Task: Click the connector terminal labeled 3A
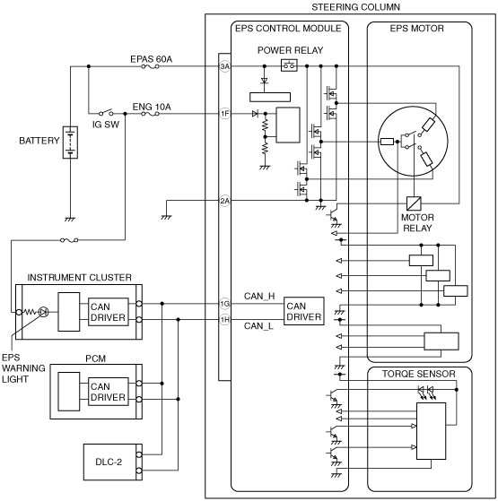tap(225, 66)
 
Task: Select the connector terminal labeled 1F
tap(225, 114)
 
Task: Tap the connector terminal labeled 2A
tap(225, 201)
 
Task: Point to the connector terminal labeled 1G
tap(225, 304)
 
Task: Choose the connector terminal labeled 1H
tap(225, 320)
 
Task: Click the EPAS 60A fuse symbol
tap(151, 66)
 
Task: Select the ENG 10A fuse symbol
tap(151, 114)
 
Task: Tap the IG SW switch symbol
tap(106, 112)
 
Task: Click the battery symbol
tap(70, 143)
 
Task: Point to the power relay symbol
tap(289, 65)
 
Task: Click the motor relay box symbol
tap(414, 203)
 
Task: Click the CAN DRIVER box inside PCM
tap(108, 392)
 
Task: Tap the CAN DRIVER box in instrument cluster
tap(108, 312)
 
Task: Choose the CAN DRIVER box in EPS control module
tap(304, 311)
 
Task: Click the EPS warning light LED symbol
tap(43, 312)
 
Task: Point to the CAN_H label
tap(259, 296)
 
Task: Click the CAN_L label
tap(258, 326)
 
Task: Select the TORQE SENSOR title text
tap(419, 374)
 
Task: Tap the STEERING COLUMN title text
tap(355, 7)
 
